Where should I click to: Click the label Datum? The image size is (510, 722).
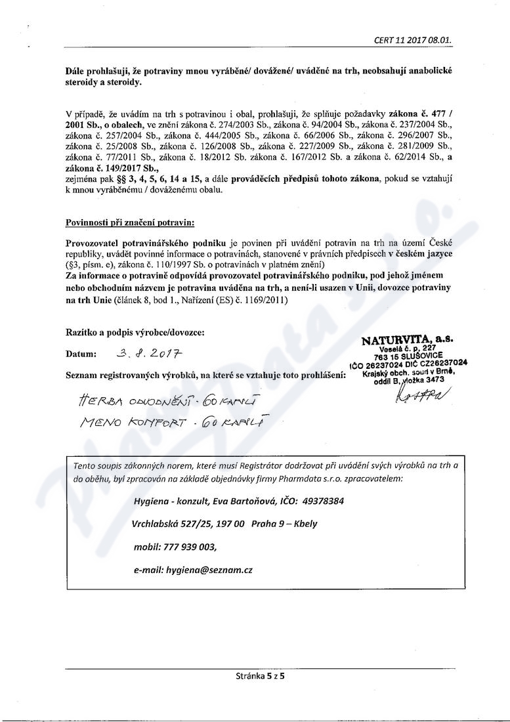81,354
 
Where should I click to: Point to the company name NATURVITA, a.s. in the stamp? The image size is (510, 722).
406,339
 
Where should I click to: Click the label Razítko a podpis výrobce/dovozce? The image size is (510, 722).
135,333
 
